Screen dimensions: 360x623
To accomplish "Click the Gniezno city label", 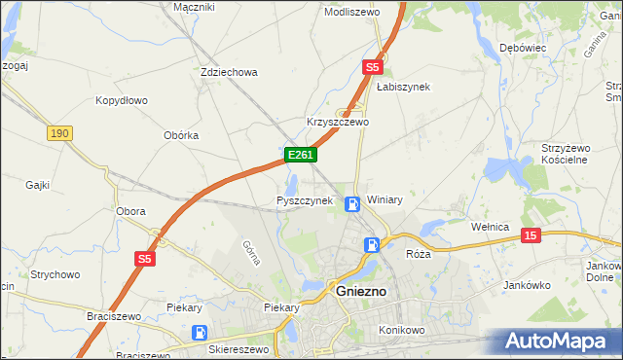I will coord(361,291).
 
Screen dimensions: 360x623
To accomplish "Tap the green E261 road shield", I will coord(299,156).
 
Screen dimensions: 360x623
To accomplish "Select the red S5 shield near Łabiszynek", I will coord(372,67).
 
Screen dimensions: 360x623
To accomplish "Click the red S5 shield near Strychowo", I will coord(145,258).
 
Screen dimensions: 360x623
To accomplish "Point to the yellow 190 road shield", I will coord(59,132).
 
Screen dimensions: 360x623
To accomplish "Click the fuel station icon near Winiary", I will coord(352,203).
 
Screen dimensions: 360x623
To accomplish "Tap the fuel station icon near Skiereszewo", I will coord(199,332).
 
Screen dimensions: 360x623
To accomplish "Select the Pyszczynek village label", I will coord(305,200).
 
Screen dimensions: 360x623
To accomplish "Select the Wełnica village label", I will coord(491,227).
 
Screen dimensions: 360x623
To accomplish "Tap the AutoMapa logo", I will coord(560,342).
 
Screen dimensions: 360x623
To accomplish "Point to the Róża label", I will coord(418,253).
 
